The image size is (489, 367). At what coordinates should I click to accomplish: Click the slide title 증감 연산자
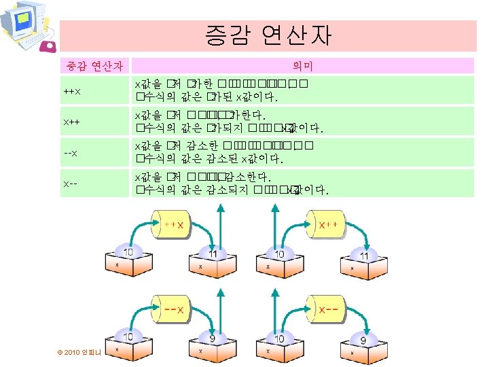click(268, 35)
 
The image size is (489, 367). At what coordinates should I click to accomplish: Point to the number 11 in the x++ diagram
click(364, 257)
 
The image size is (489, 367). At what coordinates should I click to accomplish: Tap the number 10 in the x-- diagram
click(280, 338)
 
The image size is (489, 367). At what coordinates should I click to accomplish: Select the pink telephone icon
click(49, 46)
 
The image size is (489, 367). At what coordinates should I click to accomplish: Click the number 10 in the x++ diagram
click(280, 254)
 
